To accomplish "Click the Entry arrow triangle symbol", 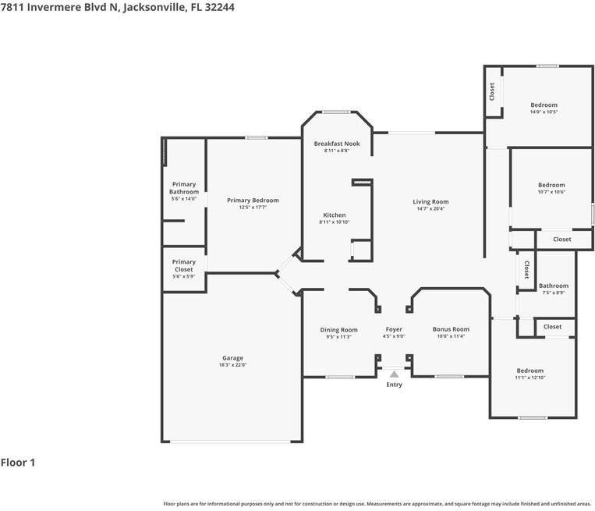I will point(394,375).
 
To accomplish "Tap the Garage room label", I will point(232,358).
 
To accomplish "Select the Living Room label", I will point(430,202).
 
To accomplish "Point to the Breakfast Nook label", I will point(337,144).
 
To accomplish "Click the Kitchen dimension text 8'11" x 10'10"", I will point(335,222).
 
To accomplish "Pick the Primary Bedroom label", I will point(253,200).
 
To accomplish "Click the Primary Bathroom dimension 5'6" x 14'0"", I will point(184,199).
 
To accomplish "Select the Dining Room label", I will point(338,329).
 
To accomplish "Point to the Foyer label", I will point(394,329).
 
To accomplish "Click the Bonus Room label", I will point(451,329).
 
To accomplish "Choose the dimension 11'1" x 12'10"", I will point(529,378).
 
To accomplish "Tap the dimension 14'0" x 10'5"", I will point(544,112).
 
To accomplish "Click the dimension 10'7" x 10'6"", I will point(551,192).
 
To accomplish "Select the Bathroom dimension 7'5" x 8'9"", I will point(554,293).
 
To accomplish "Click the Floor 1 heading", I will point(18,463).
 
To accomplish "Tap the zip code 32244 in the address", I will point(220,7).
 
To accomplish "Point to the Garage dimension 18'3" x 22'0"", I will point(232,365).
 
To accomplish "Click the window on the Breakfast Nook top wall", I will point(336,112).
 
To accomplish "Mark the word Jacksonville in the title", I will point(158,7).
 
